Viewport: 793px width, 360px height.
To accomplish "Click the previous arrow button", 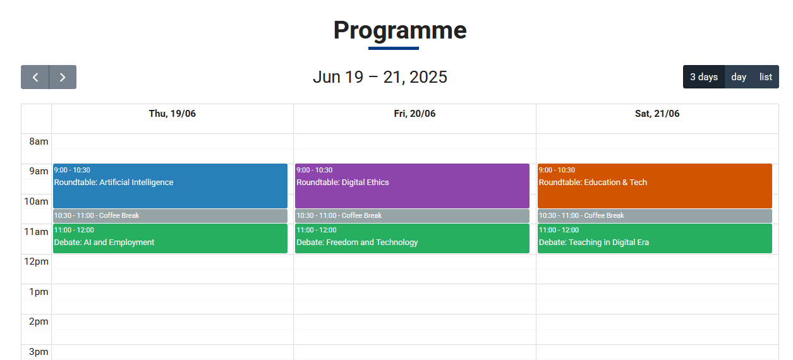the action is [35, 77].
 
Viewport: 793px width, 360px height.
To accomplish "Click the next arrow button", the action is [63, 77].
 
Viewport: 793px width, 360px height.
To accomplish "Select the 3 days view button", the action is [704, 77].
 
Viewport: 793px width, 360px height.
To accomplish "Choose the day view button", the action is [739, 77].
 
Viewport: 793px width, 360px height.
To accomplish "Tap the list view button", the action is [766, 77].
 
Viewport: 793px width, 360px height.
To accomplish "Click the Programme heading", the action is [400, 30].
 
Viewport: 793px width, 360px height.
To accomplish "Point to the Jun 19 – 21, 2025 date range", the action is [380, 77].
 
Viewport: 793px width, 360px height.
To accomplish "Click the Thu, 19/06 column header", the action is [172, 114].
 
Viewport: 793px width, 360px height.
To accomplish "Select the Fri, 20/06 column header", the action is [415, 114].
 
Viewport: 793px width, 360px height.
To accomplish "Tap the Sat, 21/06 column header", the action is [657, 114].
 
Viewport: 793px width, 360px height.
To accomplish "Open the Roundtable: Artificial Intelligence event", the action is [170, 186].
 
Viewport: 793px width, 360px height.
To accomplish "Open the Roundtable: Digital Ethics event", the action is [413, 186].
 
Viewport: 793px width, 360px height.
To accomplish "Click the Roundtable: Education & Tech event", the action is [655, 186].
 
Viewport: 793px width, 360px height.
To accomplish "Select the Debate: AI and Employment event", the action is [170, 238].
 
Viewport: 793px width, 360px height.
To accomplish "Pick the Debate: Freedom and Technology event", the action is [413, 238].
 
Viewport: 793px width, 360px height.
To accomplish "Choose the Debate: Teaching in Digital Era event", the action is [655, 238].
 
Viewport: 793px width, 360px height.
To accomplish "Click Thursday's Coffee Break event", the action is [170, 216].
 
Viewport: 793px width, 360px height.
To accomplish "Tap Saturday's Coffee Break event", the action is [655, 216].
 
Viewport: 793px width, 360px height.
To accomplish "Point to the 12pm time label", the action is [36, 261].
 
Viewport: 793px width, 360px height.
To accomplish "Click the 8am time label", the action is [39, 141].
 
